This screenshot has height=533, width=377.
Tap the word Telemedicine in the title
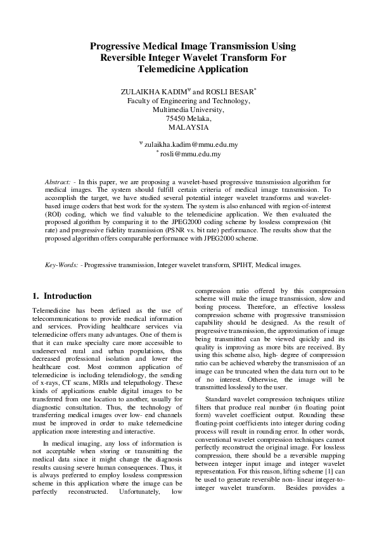(164, 69)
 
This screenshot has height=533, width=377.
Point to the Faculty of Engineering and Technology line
(188, 101)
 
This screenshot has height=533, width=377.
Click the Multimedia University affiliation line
(188, 110)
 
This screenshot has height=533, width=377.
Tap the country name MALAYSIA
(188, 127)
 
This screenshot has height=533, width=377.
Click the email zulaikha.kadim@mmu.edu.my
(191, 145)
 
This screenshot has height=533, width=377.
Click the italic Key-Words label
(60, 265)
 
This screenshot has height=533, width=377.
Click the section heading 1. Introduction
(61, 296)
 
